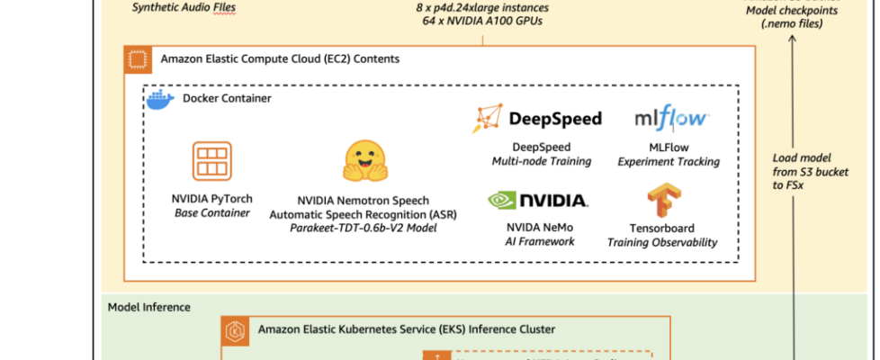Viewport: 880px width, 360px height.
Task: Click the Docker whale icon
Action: [158, 99]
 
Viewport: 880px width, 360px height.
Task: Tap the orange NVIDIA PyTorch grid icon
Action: [211, 162]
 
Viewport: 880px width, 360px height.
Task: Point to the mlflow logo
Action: [672, 118]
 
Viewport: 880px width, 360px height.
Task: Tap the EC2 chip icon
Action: [138, 59]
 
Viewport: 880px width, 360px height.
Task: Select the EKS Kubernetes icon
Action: [236, 330]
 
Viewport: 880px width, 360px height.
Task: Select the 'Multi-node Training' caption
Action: [541, 161]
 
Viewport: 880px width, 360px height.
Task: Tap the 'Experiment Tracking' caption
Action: [669, 161]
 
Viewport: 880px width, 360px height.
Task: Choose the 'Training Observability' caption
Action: [661, 242]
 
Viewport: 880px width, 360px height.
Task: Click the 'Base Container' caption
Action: [211, 212]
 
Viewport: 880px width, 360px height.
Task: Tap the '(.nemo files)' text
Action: [795, 24]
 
